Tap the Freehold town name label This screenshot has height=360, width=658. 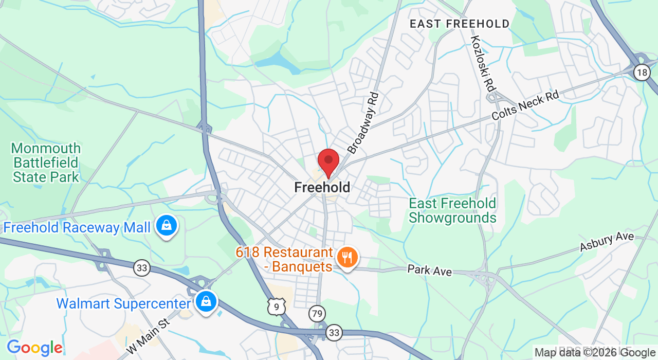[322, 188]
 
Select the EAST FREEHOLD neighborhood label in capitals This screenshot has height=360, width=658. [460, 24]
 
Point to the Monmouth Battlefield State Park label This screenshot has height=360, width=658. [46, 163]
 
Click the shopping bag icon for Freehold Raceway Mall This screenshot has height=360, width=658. [167, 226]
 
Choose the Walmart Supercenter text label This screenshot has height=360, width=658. [123, 303]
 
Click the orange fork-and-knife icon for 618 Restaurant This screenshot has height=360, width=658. [348, 257]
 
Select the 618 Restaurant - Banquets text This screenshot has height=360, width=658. [284, 260]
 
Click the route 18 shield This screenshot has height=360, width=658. [642, 73]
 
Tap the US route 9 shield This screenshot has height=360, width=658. [277, 307]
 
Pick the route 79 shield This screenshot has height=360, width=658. [317, 313]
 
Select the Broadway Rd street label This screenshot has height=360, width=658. [363, 123]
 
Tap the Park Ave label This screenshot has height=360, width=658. [429, 270]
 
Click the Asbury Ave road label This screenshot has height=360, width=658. [607, 242]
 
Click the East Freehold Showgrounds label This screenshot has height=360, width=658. [452, 211]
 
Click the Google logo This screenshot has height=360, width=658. [34, 348]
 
